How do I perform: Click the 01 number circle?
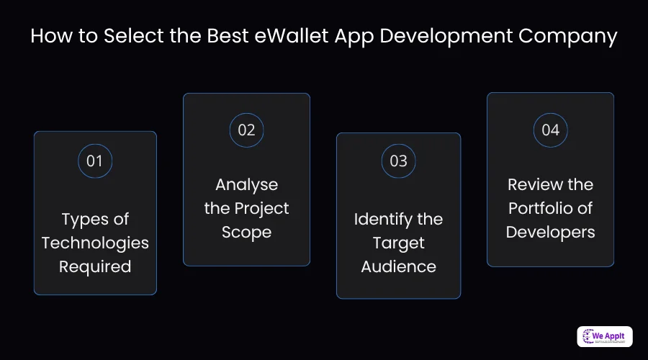95,161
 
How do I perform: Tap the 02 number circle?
246,130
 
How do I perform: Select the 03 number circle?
398,161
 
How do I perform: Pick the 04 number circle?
550,130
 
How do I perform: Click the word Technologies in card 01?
95,243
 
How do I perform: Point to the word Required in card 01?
95,266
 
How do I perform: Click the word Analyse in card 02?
246,184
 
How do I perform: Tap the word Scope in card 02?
246,232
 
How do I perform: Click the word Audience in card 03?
398,266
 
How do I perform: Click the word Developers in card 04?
550,232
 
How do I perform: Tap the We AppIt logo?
605,336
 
